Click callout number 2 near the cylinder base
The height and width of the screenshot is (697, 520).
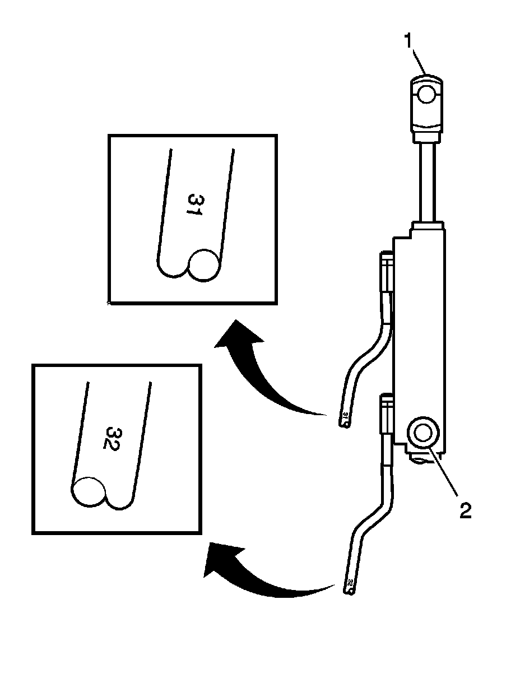466,511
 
